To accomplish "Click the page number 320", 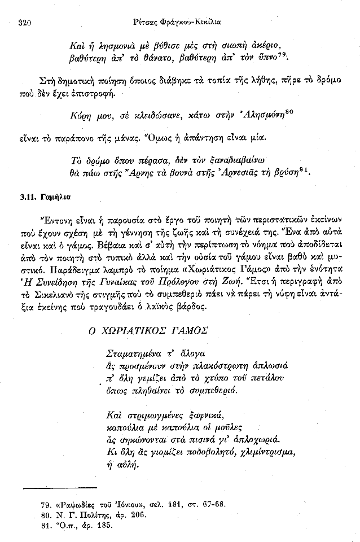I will click(24, 23).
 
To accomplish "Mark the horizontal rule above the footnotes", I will click(60, 487).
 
